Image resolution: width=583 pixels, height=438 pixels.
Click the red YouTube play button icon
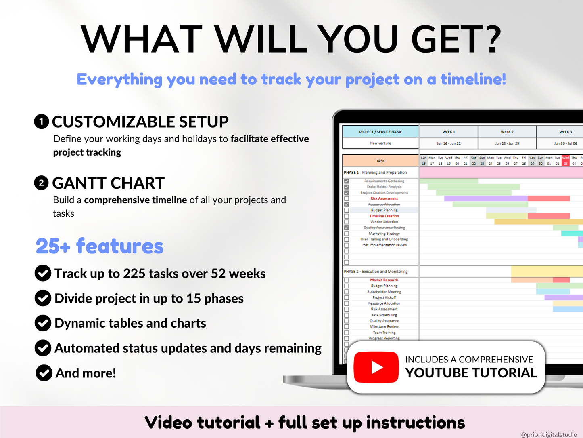click(376, 367)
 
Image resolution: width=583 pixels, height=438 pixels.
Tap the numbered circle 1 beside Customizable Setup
click(42, 122)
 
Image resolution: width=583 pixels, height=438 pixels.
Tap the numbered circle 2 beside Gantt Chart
click(42, 183)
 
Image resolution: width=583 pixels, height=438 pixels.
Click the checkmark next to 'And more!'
click(44, 373)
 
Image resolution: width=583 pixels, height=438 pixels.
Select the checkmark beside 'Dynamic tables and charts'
click(43, 323)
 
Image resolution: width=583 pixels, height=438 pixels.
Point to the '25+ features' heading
click(100, 246)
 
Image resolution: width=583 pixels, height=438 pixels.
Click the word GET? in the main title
click(456, 39)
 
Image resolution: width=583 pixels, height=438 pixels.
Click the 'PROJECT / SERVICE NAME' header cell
click(380, 132)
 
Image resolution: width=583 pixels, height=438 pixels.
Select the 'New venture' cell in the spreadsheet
click(380, 143)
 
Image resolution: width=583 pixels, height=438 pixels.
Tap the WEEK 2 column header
click(507, 132)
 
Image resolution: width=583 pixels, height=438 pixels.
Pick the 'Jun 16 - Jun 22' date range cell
click(448, 143)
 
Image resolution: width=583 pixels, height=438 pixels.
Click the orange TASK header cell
click(380, 161)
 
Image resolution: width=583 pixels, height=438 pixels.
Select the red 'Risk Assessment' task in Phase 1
click(384, 198)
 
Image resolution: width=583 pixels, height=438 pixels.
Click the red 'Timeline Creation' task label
click(384, 216)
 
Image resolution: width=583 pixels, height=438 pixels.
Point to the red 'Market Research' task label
click(384, 280)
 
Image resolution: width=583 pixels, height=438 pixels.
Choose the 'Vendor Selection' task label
click(384, 222)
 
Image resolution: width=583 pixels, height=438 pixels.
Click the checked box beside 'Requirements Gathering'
click(347, 181)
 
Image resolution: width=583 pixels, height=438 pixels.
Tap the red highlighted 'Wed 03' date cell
click(566, 161)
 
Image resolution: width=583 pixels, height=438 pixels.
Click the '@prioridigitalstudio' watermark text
click(549, 434)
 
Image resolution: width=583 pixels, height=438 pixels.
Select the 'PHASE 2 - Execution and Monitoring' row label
click(376, 272)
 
